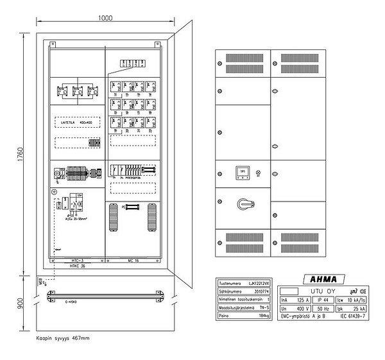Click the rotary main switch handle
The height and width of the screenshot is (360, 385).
click(243, 204)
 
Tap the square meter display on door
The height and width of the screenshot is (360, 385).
click(243, 172)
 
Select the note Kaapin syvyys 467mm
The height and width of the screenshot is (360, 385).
click(62, 337)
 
